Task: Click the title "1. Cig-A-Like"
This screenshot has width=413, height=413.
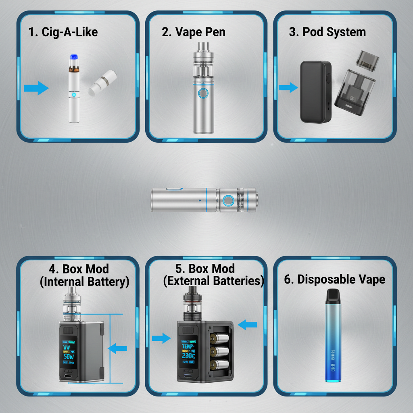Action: point(63,32)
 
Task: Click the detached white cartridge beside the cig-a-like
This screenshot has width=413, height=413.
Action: point(100,83)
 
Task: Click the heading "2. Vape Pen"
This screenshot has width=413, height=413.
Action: point(194,32)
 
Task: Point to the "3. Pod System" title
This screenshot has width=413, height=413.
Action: point(327,32)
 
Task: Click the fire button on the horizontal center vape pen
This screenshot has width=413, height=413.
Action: point(228,200)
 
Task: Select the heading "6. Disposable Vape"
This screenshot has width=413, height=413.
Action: point(334,280)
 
